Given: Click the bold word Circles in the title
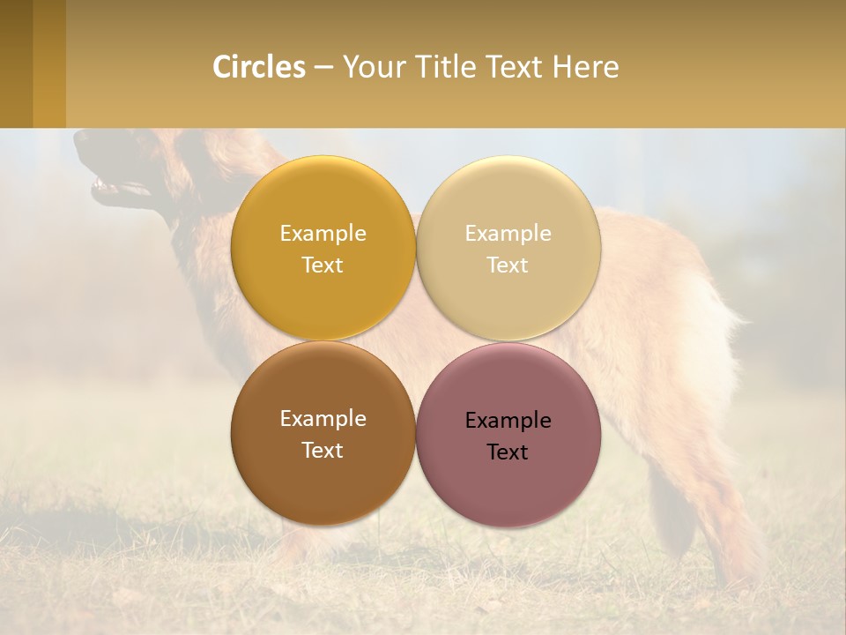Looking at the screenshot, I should pyautogui.click(x=259, y=67).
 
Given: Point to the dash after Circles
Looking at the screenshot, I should pyautogui.click(x=323, y=68).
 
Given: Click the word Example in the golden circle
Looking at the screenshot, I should pyautogui.click(x=323, y=234).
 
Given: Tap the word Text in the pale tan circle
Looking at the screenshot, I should pyautogui.click(x=508, y=265).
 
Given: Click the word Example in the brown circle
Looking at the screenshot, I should pyautogui.click(x=323, y=419).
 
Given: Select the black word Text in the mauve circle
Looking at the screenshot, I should pyautogui.click(x=508, y=452).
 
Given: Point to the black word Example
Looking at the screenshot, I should pyautogui.click(x=508, y=421).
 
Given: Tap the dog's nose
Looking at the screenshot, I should pyautogui.click(x=79, y=138).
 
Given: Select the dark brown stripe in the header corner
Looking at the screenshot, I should pyautogui.click(x=16, y=63).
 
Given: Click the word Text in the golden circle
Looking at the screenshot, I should pyautogui.click(x=323, y=265).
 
